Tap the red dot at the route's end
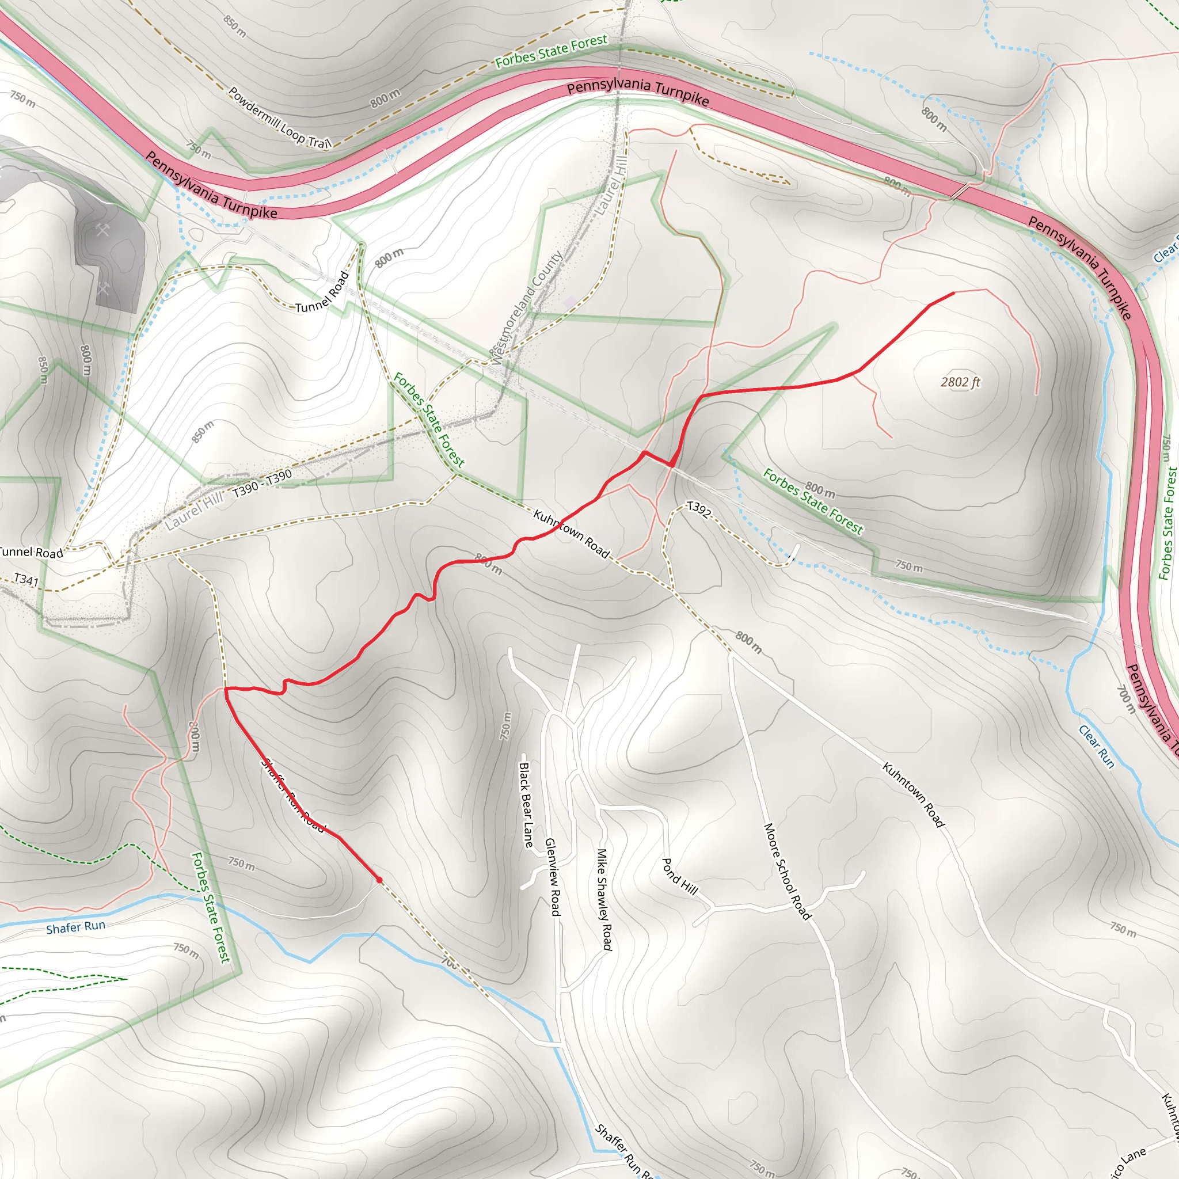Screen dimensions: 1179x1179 [x=379, y=880]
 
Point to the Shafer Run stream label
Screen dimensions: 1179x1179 [x=75, y=927]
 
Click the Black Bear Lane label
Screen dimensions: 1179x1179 [x=526, y=804]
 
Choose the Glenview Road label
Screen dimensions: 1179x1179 [x=552, y=877]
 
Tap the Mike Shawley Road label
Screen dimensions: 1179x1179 [x=604, y=899]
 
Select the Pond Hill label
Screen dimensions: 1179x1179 [x=679, y=876]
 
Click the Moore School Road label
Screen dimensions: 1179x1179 [x=787, y=871]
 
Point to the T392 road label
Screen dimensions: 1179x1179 [x=698, y=509]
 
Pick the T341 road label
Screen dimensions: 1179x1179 [x=26, y=579]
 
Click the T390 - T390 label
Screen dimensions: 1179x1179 [x=263, y=484]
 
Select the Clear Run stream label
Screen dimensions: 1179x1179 [x=1096, y=746]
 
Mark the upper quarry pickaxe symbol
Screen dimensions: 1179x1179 [x=102, y=230]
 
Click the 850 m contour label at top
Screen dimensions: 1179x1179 [x=235, y=26]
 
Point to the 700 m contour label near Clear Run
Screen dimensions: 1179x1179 [x=1127, y=699]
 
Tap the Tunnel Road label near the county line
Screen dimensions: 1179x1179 [x=322, y=292]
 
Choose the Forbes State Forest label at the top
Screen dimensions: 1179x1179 [x=551, y=51]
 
